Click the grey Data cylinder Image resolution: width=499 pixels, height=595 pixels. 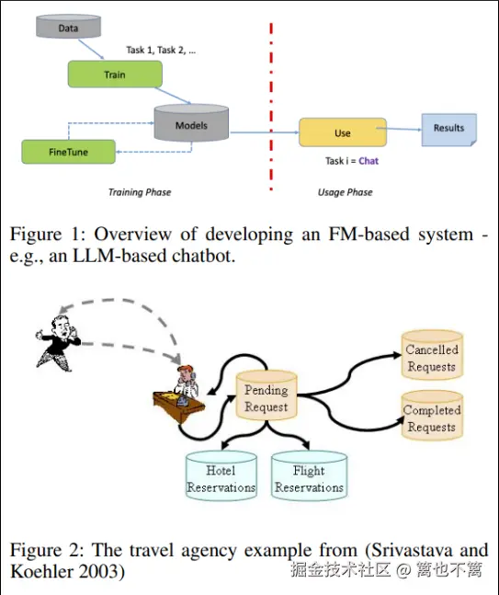click(x=68, y=26)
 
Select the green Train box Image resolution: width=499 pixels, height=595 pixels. click(x=115, y=74)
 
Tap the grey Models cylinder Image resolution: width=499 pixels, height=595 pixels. click(x=191, y=123)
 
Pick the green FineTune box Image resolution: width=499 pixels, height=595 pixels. click(x=68, y=152)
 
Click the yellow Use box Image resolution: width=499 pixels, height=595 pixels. click(x=343, y=132)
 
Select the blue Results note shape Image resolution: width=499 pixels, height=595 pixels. click(x=449, y=130)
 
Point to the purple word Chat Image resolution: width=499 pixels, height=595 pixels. click(x=369, y=161)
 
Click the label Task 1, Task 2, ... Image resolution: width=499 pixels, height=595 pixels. click(x=161, y=50)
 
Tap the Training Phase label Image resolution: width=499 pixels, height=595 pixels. click(x=140, y=192)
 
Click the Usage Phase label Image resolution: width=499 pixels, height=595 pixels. click(x=345, y=192)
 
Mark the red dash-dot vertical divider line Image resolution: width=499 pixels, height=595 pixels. click(x=271, y=107)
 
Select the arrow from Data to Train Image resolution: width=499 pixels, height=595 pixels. click(x=91, y=50)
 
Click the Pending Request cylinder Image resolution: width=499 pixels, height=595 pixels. click(x=267, y=395)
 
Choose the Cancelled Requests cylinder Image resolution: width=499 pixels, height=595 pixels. click(x=432, y=355)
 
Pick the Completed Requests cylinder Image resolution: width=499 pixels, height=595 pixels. click(x=432, y=416)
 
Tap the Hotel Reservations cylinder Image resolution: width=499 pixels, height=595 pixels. click(x=221, y=475)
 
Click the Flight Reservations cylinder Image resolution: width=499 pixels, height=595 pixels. click(x=309, y=475)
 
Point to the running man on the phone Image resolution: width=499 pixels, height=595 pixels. click(x=58, y=343)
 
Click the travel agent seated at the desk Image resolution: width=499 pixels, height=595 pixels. click(x=180, y=393)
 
